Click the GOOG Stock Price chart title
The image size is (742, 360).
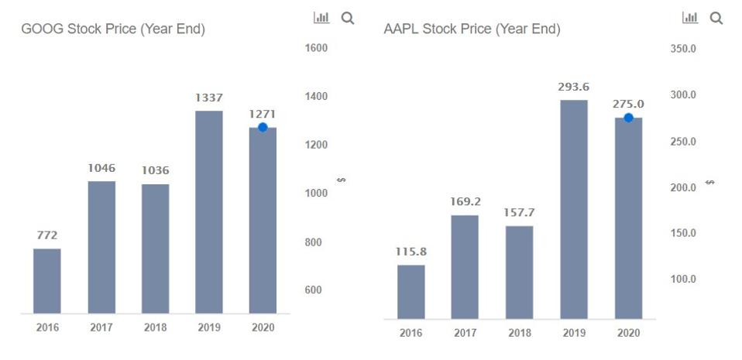coord(113,29)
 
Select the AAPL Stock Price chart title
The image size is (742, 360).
coord(472,29)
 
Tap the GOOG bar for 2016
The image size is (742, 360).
coord(47,281)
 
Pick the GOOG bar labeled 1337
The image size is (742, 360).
coord(209,212)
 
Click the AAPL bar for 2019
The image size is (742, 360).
coord(574,209)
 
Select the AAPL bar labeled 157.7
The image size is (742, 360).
coord(520,272)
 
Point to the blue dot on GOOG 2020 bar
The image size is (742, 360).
coord(263,127)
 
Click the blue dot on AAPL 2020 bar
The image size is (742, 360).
coord(628,118)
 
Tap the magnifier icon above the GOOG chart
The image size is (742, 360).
coord(348,18)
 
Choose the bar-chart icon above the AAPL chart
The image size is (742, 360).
coord(690,18)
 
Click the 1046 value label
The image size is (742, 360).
coord(101,168)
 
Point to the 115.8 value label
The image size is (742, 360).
coord(411,252)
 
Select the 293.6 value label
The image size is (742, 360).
coord(574,87)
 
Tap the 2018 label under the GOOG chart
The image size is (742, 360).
coord(155,327)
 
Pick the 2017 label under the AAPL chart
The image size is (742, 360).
coord(465,333)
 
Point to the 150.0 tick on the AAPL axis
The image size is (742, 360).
coord(682,233)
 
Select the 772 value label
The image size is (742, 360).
coord(47,235)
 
